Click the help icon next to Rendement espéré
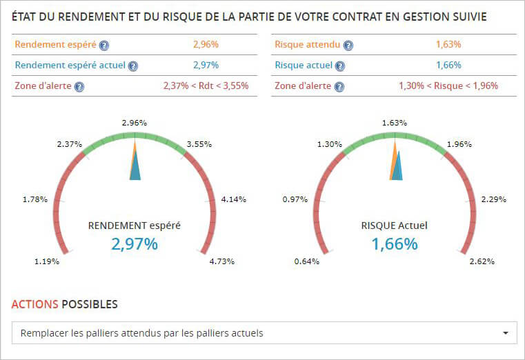pyautogui.click(x=104, y=46)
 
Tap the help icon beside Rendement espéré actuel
pyautogui.click(x=133, y=66)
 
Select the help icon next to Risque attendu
pyautogui.click(x=348, y=46)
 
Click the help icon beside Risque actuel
pyautogui.click(x=339, y=66)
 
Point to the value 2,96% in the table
pyautogui.click(x=206, y=45)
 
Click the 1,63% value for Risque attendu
pyautogui.click(x=448, y=45)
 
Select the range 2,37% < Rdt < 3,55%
pyautogui.click(x=206, y=86)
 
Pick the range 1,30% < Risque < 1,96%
pyautogui.click(x=448, y=86)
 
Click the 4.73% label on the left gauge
pyautogui.click(x=222, y=261)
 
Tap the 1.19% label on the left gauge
pyautogui.click(x=47, y=261)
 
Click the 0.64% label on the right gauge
pyautogui.click(x=307, y=261)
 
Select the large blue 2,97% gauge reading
pyautogui.click(x=135, y=243)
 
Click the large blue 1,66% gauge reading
pyautogui.click(x=395, y=243)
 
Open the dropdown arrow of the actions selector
pyautogui.click(x=506, y=333)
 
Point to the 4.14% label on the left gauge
pyautogui.click(x=233, y=199)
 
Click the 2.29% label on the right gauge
pyautogui.click(x=493, y=199)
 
